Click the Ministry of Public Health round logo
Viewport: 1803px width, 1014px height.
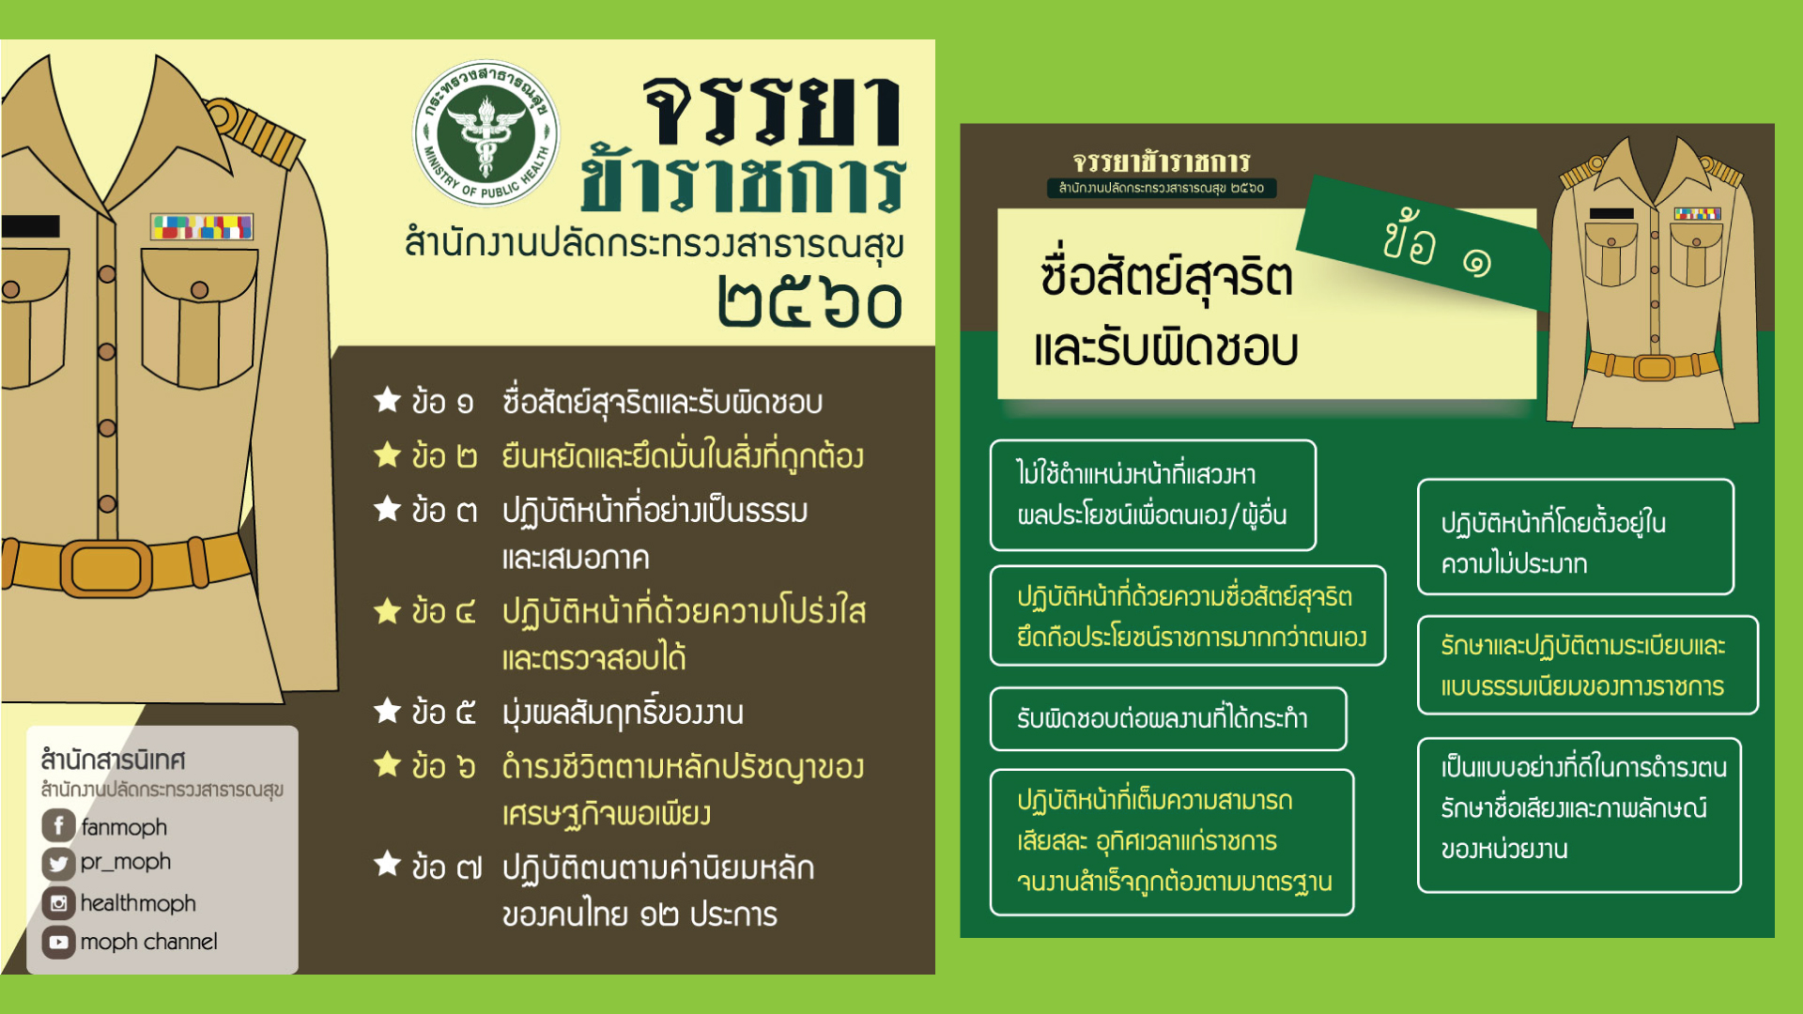[485, 133]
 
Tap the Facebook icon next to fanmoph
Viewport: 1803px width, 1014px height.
[58, 825]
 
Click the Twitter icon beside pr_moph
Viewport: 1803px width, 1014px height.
[58, 863]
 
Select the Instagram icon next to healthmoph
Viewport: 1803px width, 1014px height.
[58, 903]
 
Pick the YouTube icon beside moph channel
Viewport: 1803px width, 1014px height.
[58, 942]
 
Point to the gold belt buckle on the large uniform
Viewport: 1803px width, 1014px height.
[106, 567]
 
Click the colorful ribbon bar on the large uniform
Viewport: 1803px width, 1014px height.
[202, 226]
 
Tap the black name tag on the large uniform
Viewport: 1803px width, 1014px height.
[30, 226]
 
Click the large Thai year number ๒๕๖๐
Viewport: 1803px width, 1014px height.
[809, 302]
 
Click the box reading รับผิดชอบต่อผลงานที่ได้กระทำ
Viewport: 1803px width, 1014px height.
[1168, 719]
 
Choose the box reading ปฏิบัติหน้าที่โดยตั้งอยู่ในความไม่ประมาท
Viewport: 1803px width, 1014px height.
[1576, 537]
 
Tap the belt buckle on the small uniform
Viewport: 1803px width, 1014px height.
[1654, 366]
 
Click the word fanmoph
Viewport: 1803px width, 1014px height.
[124, 827]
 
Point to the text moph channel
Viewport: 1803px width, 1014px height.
[148, 942]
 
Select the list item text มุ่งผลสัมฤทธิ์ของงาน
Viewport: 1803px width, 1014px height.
[623, 713]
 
